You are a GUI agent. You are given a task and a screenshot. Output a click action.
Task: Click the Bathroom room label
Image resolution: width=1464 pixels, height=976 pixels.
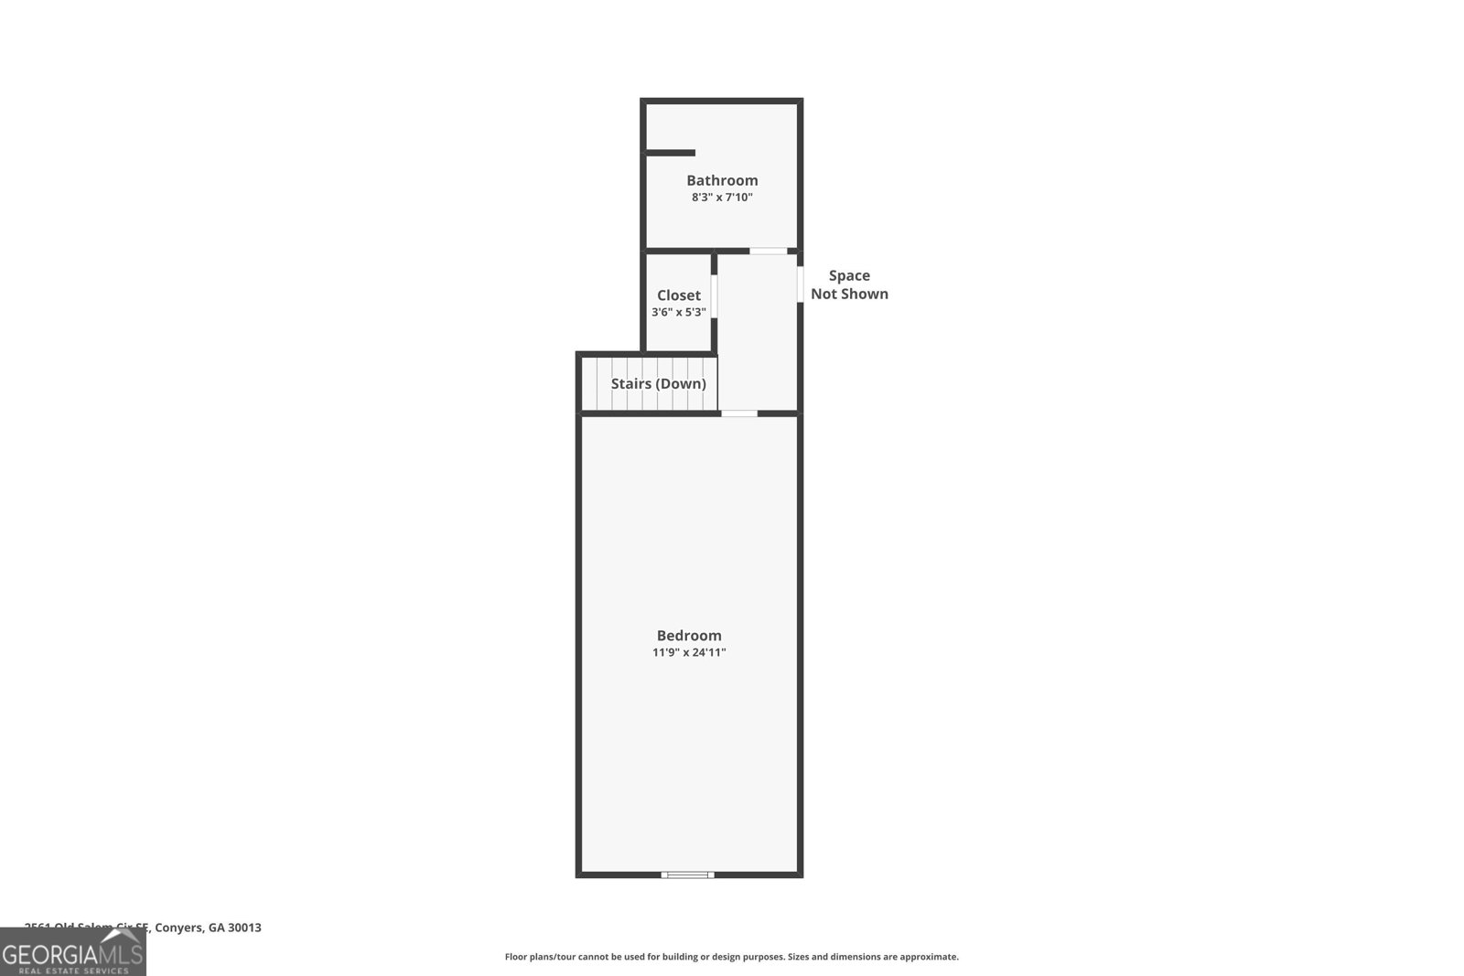click(722, 180)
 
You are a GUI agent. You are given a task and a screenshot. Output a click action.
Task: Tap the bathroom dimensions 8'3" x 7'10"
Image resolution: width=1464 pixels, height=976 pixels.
click(722, 197)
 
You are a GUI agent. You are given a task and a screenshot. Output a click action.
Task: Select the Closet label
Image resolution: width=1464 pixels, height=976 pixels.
click(678, 295)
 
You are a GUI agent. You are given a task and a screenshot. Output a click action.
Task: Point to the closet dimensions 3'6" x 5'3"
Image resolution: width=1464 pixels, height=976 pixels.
click(678, 312)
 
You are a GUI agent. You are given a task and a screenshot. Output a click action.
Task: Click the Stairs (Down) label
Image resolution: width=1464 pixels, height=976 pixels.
click(658, 383)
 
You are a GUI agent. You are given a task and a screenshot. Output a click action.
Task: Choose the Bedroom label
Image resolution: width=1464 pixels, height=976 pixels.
click(689, 636)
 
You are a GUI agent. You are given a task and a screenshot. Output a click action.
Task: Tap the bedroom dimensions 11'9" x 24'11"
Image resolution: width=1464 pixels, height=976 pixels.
click(689, 652)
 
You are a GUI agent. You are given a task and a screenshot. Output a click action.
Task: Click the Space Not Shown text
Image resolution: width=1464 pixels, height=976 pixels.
click(849, 284)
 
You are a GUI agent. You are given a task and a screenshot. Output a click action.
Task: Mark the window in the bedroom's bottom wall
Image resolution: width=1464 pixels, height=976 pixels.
click(687, 875)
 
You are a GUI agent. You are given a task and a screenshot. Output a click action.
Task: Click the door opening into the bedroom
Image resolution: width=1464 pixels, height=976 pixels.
click(739, 413)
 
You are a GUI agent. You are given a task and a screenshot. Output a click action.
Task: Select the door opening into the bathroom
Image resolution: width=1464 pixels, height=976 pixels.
click(768, 251)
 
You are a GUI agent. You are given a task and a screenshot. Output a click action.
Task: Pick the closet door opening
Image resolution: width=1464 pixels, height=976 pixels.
click(714, 296)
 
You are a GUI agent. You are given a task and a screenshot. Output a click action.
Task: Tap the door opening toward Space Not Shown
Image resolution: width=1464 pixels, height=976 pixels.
click(800, 284)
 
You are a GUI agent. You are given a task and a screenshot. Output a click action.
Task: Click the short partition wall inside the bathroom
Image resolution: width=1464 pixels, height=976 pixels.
click(671, 153)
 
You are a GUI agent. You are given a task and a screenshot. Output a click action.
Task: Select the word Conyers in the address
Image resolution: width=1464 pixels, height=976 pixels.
click(178, 928)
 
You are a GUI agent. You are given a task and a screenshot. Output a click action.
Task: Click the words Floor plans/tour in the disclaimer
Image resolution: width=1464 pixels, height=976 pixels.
click(541, 957)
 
